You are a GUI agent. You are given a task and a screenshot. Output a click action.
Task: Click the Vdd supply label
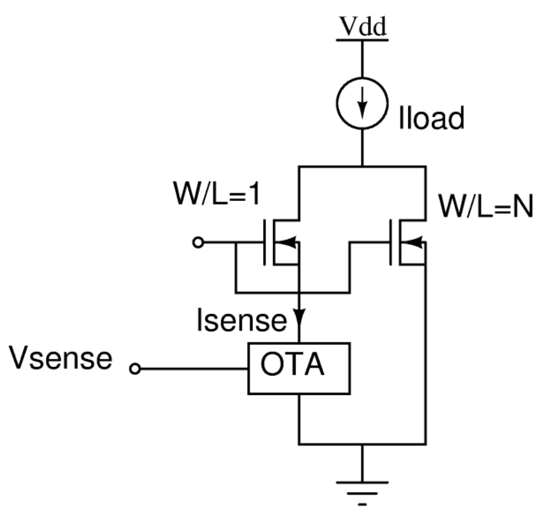point(362,27)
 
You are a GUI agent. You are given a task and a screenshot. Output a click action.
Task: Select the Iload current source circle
point(362,103)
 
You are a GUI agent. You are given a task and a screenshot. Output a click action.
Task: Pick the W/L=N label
point(485,207)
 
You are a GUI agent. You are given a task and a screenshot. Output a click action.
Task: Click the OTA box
point(299,368)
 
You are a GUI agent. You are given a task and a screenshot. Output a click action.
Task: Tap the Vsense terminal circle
point(135,369)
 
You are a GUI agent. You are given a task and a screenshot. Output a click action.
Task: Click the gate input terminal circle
point(198,243)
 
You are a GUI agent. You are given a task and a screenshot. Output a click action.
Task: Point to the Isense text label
point(241,321)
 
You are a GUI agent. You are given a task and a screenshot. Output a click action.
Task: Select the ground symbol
point(362,488)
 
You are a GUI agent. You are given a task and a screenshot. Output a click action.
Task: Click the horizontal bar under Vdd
point(362,40)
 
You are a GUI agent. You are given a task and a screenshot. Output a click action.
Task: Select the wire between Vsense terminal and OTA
point(193,369)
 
